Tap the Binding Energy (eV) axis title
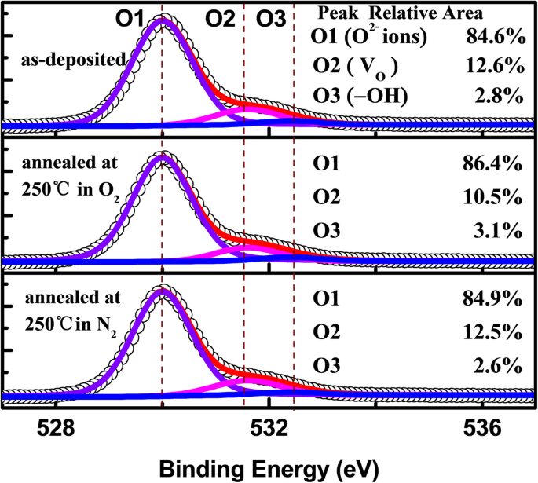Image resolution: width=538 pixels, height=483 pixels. click(269, 468)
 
